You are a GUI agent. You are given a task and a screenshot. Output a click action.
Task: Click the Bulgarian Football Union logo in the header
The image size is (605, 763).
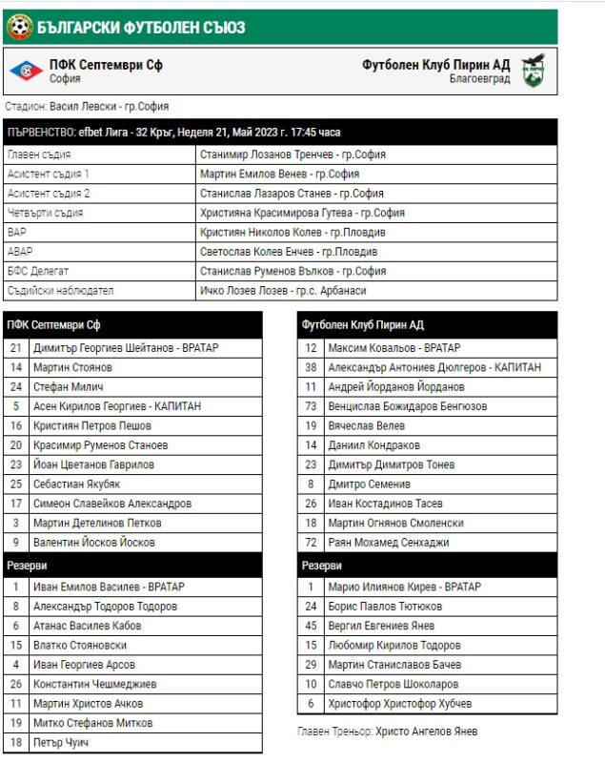[18, 27]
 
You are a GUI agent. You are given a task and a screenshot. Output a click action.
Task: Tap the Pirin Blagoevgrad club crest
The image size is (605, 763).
[534, 71]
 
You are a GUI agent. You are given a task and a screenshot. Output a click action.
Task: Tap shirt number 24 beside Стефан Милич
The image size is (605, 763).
[15, 387]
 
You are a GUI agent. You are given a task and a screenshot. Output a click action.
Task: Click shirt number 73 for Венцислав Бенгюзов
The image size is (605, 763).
[311, 406]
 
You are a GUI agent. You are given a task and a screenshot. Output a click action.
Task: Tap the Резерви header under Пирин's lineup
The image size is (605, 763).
[322, 566]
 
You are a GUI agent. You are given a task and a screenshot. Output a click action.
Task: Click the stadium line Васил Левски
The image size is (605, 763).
[87, 107]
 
